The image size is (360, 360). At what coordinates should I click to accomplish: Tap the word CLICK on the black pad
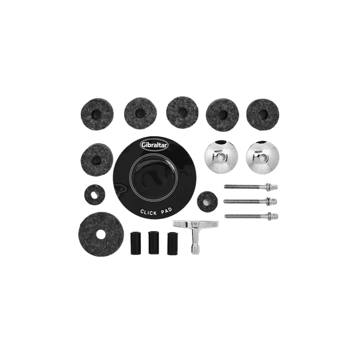click(149, 212)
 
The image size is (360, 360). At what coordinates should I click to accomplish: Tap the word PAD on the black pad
click(166, 211)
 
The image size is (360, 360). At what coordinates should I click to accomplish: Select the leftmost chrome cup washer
click(221, 157)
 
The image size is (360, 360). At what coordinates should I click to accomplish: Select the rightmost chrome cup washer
click(262, 157)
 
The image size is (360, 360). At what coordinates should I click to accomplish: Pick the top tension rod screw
click(251, 186)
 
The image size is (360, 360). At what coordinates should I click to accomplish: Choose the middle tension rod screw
click(250, 202)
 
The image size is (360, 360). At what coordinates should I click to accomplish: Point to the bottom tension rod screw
click(251, 216)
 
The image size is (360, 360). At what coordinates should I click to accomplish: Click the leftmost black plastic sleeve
click(136, 244)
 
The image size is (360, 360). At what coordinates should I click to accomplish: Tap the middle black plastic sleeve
click(154, 242)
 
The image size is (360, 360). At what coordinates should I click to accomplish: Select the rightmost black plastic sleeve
click(172, 244)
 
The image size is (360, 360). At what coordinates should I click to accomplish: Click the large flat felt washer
click(101, 234)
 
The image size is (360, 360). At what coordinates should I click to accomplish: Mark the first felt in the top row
click(97, 114)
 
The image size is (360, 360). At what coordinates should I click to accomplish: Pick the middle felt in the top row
click(182, 113)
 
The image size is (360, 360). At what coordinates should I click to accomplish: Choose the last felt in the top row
click(263, 115)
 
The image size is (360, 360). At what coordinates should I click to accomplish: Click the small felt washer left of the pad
click(95, 195)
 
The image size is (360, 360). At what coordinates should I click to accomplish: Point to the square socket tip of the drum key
click(194, 252)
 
